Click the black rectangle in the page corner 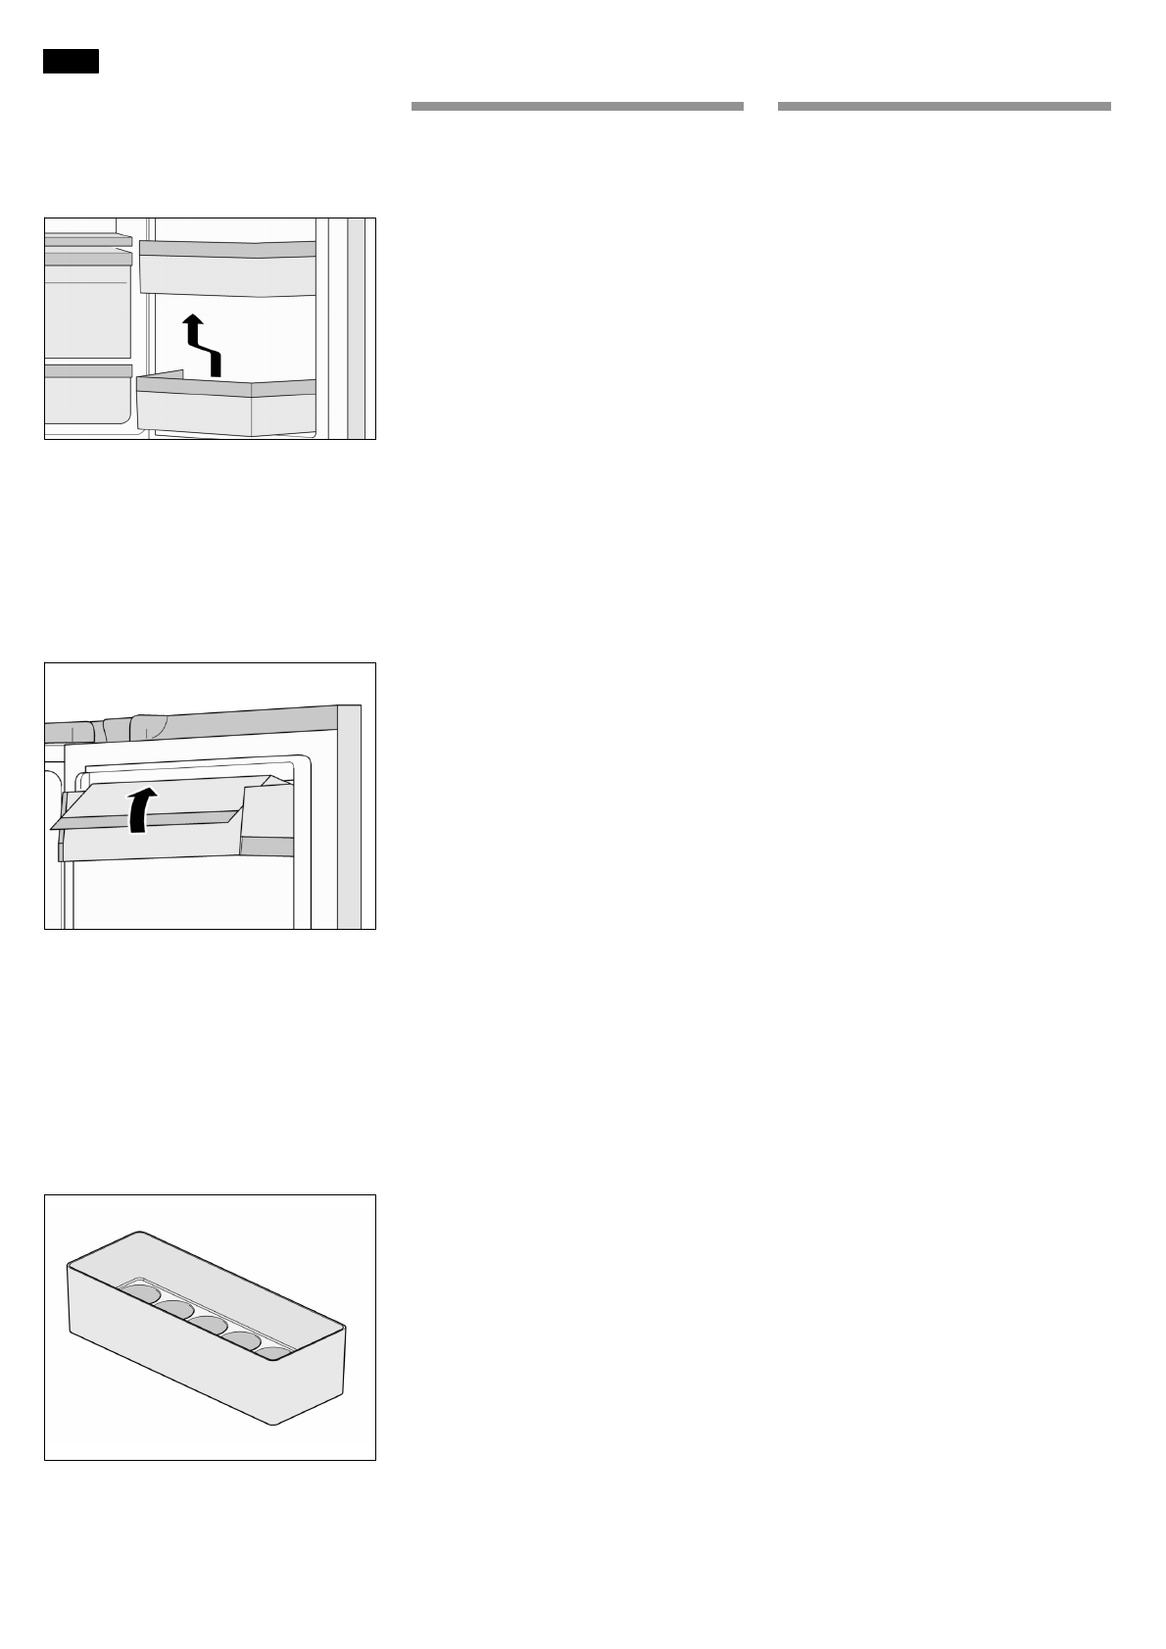point(71,61)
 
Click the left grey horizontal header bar point(577,106)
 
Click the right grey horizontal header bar point(944,106)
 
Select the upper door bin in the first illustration point(227,267)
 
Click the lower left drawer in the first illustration point(87,395)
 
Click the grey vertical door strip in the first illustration point(357,328)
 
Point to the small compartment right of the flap point(267,823)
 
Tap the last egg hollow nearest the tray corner point(274,1353)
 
